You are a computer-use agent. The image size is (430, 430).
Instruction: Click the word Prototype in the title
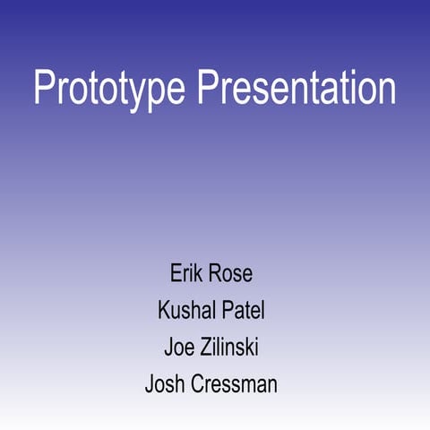[x=109, y=88]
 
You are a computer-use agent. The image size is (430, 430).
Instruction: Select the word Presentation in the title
[x=297, y=87]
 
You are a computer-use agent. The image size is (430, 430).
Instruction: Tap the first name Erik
[x=185, y=273]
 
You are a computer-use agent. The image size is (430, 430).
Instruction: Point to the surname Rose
[x=230, y=273]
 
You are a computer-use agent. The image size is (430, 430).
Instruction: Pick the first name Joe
[x=179, y=347]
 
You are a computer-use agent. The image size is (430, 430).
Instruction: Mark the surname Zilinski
[x=229, y=347]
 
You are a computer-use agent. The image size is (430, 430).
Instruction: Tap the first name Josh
[x=165, y=383]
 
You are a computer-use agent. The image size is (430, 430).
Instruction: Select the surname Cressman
[x=234, y=384]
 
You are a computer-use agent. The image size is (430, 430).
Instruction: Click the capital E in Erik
[x=176, y=273]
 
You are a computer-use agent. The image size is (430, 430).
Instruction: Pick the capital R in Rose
[x=215, y=273]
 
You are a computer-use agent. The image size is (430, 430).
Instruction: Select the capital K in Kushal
[x=164, y=310]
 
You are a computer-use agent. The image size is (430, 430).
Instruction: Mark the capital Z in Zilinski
[x=206, y=347]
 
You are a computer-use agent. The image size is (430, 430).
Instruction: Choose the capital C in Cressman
[x=197, y=384]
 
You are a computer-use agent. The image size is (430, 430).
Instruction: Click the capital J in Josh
[x=150, y=384]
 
